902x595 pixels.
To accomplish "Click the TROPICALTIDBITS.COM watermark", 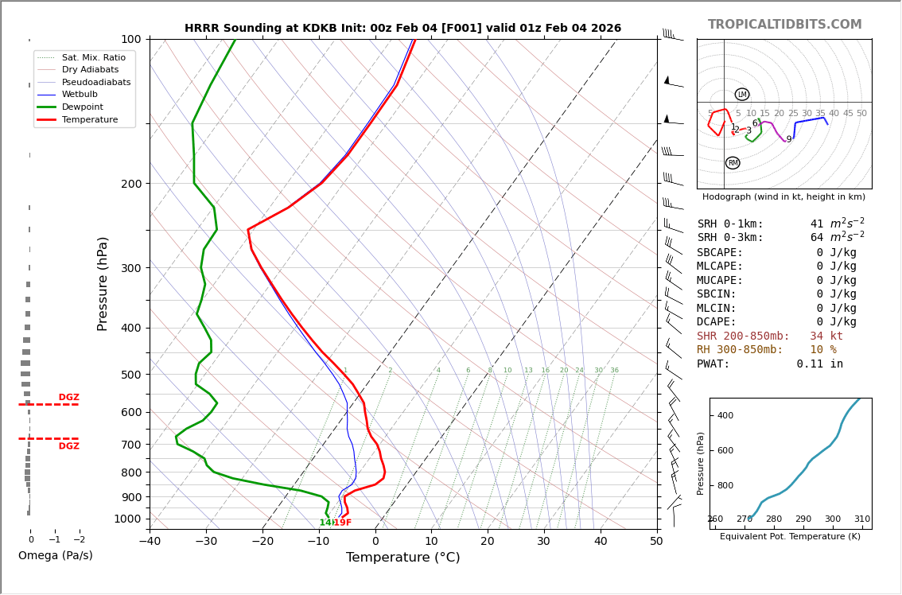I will (x=784, y=25).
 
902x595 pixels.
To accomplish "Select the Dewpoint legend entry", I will (x=82, y=107).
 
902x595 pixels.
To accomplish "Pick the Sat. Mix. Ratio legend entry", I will (x=93, y=57).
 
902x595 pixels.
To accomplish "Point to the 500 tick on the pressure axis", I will (x=130, y=375).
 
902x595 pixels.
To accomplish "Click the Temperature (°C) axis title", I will (x=402, y=558).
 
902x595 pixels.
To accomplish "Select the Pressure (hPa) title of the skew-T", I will (x=103, y=283).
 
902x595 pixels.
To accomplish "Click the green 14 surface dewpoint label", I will (x=325, y=523).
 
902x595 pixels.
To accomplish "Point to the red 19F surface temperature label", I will (x=343, y=523).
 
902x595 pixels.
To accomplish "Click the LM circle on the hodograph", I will (x=742, y=95).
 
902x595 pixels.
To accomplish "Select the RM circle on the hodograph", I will (x=733, y=163).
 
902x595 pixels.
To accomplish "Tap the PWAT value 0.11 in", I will (x=819, y=364).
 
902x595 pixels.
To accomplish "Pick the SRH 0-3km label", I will (x=729, y=238).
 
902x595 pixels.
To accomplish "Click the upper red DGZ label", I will (x=68, y=398).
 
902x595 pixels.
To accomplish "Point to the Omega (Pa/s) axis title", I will (x=55, y=555).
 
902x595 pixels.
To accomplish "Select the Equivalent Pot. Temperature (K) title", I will (x=791, y=536).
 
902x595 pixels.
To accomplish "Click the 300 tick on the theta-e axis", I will (x=832, y=519).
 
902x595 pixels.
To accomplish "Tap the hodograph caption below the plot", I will (x=783, y=196).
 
